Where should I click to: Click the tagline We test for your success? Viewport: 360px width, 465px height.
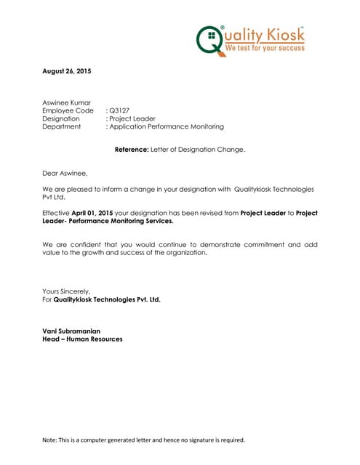[265, 47]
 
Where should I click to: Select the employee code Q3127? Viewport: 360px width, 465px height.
[119, 110]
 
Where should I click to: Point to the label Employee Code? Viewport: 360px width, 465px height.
[68, 110]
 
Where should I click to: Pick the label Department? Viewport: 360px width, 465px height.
[62, 126]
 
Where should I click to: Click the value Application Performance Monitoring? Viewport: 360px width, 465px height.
[167, 126]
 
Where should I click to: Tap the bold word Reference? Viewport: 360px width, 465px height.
[131, 150]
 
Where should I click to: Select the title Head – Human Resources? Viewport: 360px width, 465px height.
[82, 339]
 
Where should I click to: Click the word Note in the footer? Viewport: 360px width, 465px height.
[50, 440]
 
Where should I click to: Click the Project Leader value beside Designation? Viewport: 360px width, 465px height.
[132, 118]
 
